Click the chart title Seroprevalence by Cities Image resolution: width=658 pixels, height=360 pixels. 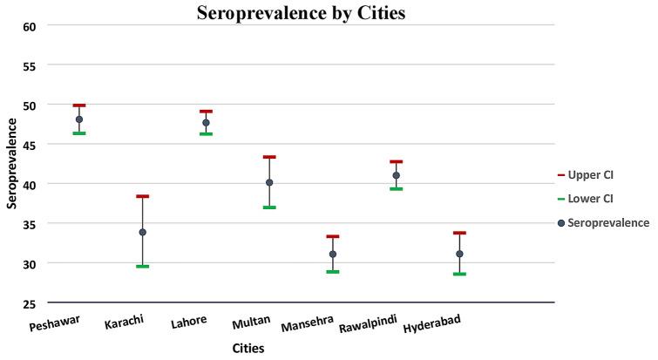pyautogui.click(x=301, y=13)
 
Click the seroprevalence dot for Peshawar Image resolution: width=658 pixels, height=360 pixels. pyautogui.click(x=79, y=119)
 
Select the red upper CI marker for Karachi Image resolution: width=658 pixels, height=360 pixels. pyautogui.click(x=142, y=196)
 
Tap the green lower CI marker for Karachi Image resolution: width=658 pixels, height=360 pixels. pyautogui.click(x=142, y=266)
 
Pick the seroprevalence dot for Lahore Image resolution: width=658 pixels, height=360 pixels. pyautogui.click(x=206, y=123)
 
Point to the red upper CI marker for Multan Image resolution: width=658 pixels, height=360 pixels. pyautogui.click(x=269, y=157)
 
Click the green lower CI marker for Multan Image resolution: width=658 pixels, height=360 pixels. pyautogui.click(x=269, y=207)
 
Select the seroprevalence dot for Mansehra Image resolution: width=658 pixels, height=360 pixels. pyautogui.click(x=333, y=255)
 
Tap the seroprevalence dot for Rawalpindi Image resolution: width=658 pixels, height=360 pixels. pyautogui.click(x=396, y=175)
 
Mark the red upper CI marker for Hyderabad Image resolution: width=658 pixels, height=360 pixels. pyautogui.click(x=459, y=233)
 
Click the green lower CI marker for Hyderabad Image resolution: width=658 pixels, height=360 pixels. pyautogui.click(x=459, y=274)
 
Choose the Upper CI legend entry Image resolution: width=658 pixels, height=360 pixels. pyautogui.click(x=590, y=175)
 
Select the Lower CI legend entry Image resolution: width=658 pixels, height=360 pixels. pyautogui.click(x=590, y=199)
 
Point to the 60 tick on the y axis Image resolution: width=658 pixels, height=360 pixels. pyautogui.click(x=30, y=26)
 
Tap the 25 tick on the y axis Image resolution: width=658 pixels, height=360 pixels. pyautogui.click(x=30, y=303)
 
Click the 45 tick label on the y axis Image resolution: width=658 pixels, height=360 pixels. pyautogui.click(x=30, y=145)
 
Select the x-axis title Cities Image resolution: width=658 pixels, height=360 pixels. pyautogui.click(x=248, y=348)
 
